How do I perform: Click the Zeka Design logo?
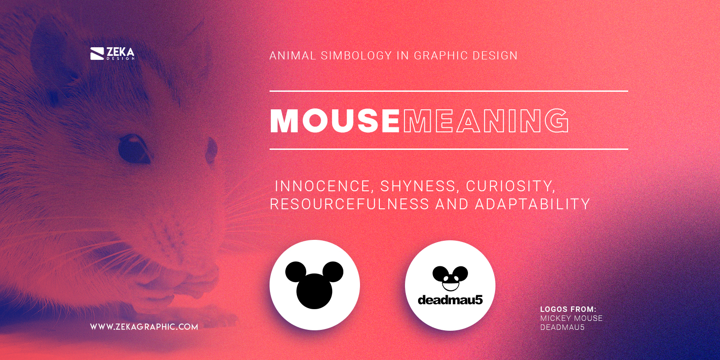112,54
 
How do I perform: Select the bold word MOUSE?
335,121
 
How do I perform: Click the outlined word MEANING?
486,121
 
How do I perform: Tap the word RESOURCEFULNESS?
349,204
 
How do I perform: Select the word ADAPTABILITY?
532,204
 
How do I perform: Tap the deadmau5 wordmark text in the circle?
450,300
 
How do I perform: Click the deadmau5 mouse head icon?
450,278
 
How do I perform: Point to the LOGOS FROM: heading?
568,309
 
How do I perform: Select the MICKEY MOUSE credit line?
571,318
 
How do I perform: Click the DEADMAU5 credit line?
562,327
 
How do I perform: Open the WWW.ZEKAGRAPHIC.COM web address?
144,327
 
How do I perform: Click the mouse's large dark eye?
134,148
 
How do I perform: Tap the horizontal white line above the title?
449,91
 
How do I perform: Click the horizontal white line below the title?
449,149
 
